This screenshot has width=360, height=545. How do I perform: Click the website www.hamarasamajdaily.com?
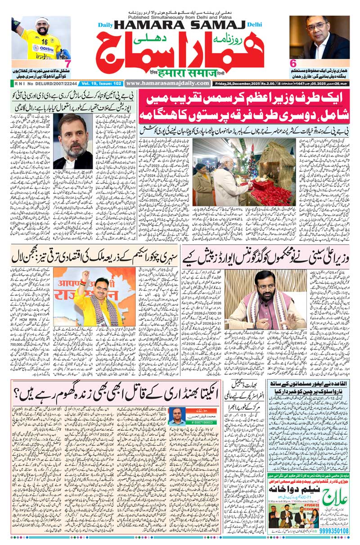tap(168, 83)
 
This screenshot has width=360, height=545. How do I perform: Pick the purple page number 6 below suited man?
tap(292, 64)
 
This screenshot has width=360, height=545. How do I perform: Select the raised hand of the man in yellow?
tap(84, 275)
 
